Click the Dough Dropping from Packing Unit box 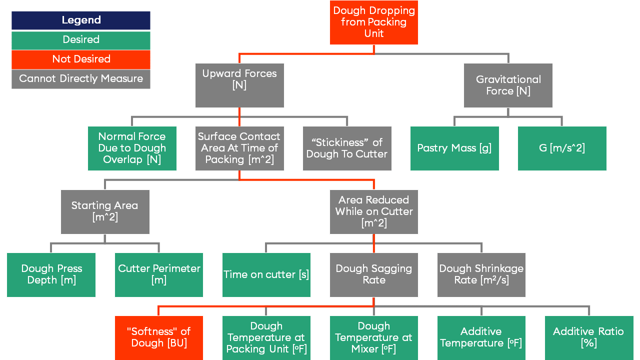[x=373, y=22]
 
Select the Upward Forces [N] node [x=239, y=85]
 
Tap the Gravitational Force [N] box [x=508, y=85]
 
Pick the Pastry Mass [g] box [x=454, y=148]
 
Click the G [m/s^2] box [x=562, y=148]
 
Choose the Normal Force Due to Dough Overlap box [x=132, y=148]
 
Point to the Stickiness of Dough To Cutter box [x=347, y=148]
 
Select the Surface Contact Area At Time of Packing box [x=239, y=148]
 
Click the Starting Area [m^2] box [x=105, y=211]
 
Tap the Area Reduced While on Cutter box [x=373, y=211]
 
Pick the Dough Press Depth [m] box [x=51, y=274]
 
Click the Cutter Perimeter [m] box [x=159, y=274]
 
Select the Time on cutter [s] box [x=266, y=274]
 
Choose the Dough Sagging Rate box [x=373, y=274]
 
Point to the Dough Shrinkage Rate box [x=481, y=274]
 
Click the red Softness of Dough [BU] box [x=159, y=337]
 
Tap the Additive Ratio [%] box [x=588, y=337]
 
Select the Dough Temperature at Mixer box [x=373, y=337]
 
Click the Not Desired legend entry [x=81, y=59]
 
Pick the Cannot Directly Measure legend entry [x=81, y=79]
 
